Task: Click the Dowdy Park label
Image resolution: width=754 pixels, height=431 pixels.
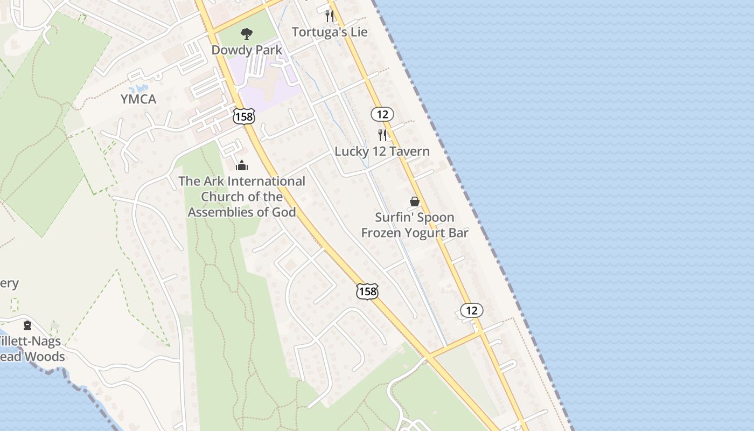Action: click(247, 50)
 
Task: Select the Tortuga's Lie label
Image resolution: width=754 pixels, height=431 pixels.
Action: click(330, 32)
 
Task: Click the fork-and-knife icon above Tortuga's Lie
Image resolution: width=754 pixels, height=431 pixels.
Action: click(330, 16)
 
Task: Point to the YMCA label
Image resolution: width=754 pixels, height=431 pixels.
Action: click(138, 99)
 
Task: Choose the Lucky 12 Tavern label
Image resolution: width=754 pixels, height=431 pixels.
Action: click(382, 151)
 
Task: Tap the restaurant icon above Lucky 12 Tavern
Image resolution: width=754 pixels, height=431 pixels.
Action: click(382, 135)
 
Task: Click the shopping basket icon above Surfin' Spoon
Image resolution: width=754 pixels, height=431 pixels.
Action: click(415, 201)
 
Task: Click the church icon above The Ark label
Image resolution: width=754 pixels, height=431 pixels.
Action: click(242, 165)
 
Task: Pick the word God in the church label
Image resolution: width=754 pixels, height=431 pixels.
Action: click(284, 212)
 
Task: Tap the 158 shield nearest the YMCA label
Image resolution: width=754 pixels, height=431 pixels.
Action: click(244, 116)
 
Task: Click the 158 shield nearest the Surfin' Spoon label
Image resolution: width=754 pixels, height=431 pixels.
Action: click(367, 291)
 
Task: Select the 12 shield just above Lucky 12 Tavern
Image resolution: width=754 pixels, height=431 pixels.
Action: click(382, 114)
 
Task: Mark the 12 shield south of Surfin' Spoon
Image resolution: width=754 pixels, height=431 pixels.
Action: click(471, 310)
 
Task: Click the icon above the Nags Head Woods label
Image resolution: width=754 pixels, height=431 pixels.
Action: click(27, 325)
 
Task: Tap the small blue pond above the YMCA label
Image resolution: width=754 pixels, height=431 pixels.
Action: click(141, 87)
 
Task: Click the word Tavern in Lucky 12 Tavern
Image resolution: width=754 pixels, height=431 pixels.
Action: click(411, 151)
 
